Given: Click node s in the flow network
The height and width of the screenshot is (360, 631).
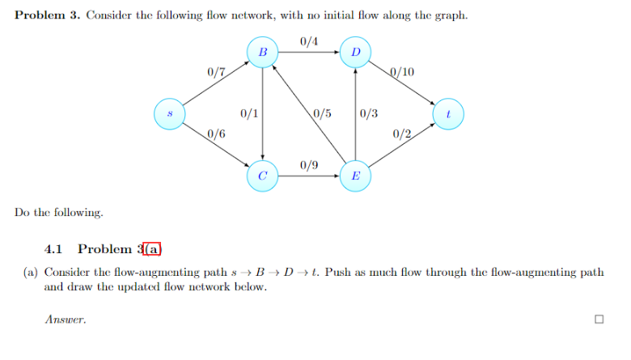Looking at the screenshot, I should coord(170,113).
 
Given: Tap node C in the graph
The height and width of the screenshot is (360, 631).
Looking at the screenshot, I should coord(262,176).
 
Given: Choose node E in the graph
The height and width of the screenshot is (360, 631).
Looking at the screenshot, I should coord(355,176).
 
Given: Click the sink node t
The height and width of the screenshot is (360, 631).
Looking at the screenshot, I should coord(448,114).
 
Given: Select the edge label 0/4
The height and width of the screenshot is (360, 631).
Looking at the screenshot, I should coord(308,41).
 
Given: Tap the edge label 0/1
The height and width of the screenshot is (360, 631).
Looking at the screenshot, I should coord(249,113).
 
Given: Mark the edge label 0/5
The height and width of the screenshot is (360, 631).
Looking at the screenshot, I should coord(321,113).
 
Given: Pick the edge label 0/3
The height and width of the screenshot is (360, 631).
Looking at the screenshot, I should coord(368,113).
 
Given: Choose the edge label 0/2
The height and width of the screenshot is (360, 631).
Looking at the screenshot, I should coord(402,133).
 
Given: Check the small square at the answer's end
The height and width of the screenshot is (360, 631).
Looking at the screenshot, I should coord(599,320).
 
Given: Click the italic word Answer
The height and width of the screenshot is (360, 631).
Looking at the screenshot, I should coord(65,320).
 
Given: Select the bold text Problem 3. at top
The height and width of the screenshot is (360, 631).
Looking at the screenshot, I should coord(48,16).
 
